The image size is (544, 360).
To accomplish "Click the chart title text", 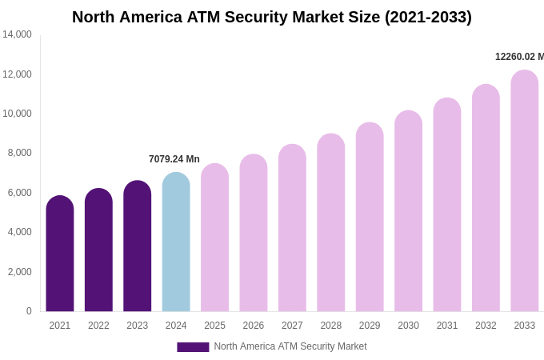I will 272,17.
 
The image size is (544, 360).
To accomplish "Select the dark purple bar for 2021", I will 60,254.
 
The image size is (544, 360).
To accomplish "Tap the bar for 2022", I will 98,250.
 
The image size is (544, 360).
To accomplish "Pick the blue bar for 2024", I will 176,242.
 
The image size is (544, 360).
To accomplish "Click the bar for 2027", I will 292,228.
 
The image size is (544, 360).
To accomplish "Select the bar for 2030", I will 408,211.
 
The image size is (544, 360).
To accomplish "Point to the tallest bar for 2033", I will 525,191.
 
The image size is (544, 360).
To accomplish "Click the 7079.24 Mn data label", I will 174,159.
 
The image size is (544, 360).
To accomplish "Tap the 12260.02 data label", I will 519,57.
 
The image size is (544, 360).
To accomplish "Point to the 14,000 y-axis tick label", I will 17,34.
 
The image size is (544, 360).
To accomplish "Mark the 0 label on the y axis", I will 29,311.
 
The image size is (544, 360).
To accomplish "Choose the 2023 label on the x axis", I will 138,326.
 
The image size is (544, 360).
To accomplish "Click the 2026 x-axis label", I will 254,326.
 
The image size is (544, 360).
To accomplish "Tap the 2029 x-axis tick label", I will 370,326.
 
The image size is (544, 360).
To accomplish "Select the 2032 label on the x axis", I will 486,326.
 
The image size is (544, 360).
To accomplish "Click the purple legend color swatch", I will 193,347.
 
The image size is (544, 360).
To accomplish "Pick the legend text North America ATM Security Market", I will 290,346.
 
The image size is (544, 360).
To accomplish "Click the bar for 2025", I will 214,238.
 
